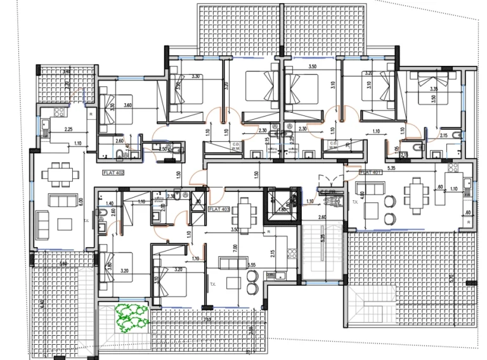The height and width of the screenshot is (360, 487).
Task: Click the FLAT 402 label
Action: (x=114, y=172)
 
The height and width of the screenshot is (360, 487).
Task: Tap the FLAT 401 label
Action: (x=369, y=172)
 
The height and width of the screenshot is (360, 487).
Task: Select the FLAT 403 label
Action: (x=219, y=207)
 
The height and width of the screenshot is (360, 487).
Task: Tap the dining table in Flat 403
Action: (x=245, y=207)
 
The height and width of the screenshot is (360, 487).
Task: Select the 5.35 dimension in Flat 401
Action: (x=409, y=169)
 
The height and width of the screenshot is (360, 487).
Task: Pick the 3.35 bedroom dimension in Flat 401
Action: (x=434, y=89)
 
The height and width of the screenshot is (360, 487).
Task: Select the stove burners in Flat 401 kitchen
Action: (x=454, y=169)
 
